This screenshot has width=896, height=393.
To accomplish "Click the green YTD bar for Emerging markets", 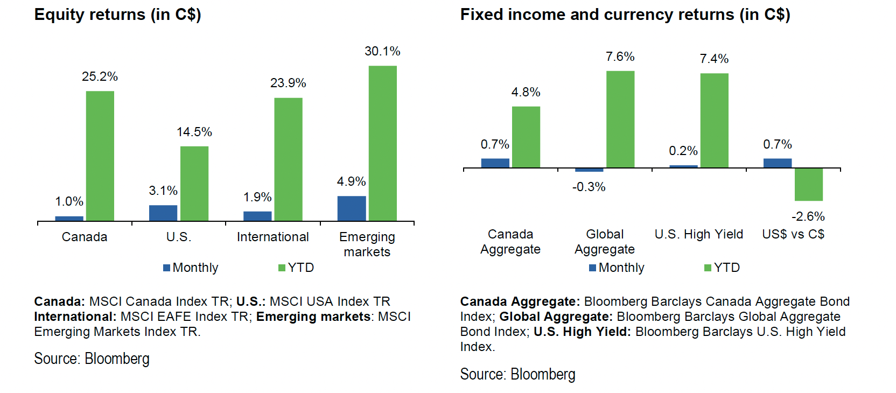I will click(x=382, y=143).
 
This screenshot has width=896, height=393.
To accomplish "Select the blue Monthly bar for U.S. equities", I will click(x=163, y=213).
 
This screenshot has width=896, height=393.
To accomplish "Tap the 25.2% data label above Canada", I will click(x=100, y=76).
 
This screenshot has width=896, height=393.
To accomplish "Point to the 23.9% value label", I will click(x=288, y=83).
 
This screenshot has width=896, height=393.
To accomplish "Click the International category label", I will click(x=272, y=237).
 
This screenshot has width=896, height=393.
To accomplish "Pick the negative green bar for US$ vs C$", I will click(x=808, y=185).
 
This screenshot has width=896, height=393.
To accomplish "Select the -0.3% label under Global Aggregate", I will click(x=589, y=187).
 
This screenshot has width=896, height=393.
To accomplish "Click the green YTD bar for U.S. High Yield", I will click(x=714, y=120).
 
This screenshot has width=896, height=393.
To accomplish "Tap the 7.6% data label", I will click(x=620, y=57).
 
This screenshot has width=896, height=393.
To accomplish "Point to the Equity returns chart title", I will click(x=117, y=15).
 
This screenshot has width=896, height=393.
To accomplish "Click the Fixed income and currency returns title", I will click(x=625, y=15).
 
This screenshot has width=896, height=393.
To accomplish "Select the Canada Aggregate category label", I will click(x=510, y=242).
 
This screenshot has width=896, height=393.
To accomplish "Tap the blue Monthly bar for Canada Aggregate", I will click(x=495, y=163).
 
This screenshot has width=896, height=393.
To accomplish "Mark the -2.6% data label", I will click(x=808, y=216).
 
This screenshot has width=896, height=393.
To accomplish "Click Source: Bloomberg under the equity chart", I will click(x=92, y=359).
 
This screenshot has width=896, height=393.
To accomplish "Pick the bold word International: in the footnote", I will click(x=75, y=317).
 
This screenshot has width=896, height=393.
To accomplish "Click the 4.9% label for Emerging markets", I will click(x=351, y=181).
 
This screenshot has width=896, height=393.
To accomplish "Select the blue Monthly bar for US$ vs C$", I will click(x=777, y=163).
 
